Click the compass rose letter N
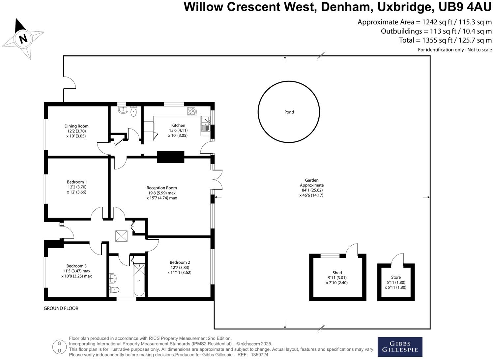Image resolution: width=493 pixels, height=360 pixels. pyautogui.click(x=23, y=39)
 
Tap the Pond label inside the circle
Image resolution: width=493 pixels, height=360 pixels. pyautogui.click(x=289, y=112)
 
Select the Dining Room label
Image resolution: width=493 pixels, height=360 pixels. pyautogui.click(x=76, y=126)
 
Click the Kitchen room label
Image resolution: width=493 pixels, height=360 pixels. pyautogui.click(x=178, y=125)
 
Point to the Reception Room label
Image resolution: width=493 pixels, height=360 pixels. pyautogui.click(x=161, y=188)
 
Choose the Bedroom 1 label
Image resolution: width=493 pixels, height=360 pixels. pyautogui.click(x=77, y=182)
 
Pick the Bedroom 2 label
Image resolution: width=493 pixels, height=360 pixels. pyautogui.click(x=180, y=262)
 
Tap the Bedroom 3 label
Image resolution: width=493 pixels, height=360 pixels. pyautogui.click(x=76, y=266)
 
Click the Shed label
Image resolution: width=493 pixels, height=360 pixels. pyautogui.click(x=337, y=273)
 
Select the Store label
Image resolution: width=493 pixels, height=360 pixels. pyautogui.click(x=396, y=277)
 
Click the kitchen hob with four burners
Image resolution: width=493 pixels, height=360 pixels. pyautogui.click(x=192, y=111)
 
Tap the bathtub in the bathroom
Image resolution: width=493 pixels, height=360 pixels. pyautogui.click(x=139, y=280)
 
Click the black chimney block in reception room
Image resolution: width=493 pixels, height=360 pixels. pyautogui.click(x=170, y=157)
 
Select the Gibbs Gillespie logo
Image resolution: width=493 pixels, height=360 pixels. pyautogui.click(x=400, y=346)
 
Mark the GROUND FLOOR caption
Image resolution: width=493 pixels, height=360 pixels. pyautogui.click(x=61, y=308)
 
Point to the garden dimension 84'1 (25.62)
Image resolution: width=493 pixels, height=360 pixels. pyautogui.click(x=311, y=190)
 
